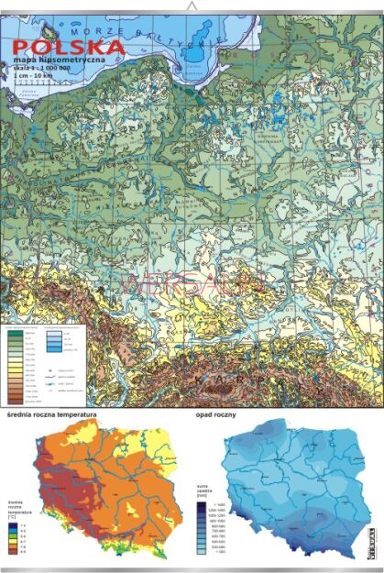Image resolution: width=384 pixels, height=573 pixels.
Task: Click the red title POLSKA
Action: click(64, 45)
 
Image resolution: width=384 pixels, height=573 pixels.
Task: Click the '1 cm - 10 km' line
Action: click(38, 75)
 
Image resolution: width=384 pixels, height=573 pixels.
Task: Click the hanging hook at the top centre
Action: click(192, 7)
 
